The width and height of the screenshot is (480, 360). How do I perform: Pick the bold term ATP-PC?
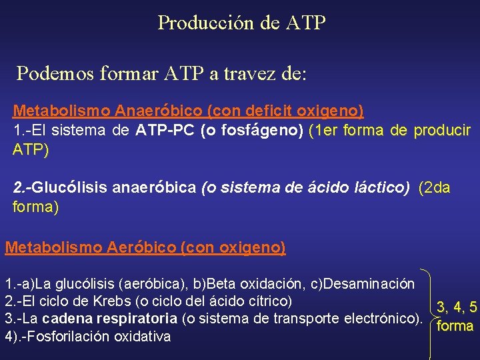(165, 130)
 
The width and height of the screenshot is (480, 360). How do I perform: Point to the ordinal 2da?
(437, 188)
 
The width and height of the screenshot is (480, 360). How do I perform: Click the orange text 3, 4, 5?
(456, 307)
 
